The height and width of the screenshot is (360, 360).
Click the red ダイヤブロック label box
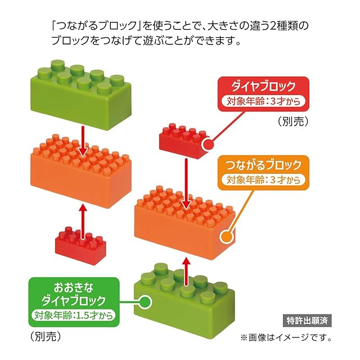pyautogui.click(x=263, y=94)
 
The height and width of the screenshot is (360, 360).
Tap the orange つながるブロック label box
pyautogui.click(x=263, y=173)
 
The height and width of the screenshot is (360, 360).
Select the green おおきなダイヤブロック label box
pyautogui.click(x=74, y=302)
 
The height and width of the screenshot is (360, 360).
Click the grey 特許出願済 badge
pyautogui.click(x=307, y=321)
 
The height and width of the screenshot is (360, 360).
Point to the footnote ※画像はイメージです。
pyautogui.click(x=286, y=337)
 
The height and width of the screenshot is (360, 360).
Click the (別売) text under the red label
pyautogui.click(x=293, y=121)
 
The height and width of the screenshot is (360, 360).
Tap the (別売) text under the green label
pyautogui.click(x=46, y=336)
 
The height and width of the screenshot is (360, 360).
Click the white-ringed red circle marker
pyautogui.click(x=208, y=145)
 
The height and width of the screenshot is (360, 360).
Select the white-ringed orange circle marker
pyautogui.click(x=226, y=236)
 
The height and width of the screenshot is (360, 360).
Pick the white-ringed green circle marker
pyautogui.click(x=145, y=301)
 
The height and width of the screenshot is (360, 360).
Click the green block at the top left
pyautogui.click(x=81, y=94)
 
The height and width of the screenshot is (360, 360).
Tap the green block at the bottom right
pyautogui.click(x=184, y=299)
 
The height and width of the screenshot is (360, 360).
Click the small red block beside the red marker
pyautogui.click(x=184, y=141)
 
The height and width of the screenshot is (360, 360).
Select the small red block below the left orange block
pyautogui.click(x=80, y=246)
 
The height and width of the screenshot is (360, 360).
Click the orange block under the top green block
pyautogui.click(x=81, y=171)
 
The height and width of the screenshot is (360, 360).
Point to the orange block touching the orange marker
pyautogui.click(x=184, y=223)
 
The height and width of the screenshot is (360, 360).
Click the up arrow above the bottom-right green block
pyautogui.click(x=187, y=273)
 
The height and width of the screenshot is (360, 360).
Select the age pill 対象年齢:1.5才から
pyautogui.click(x=74, y=315)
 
